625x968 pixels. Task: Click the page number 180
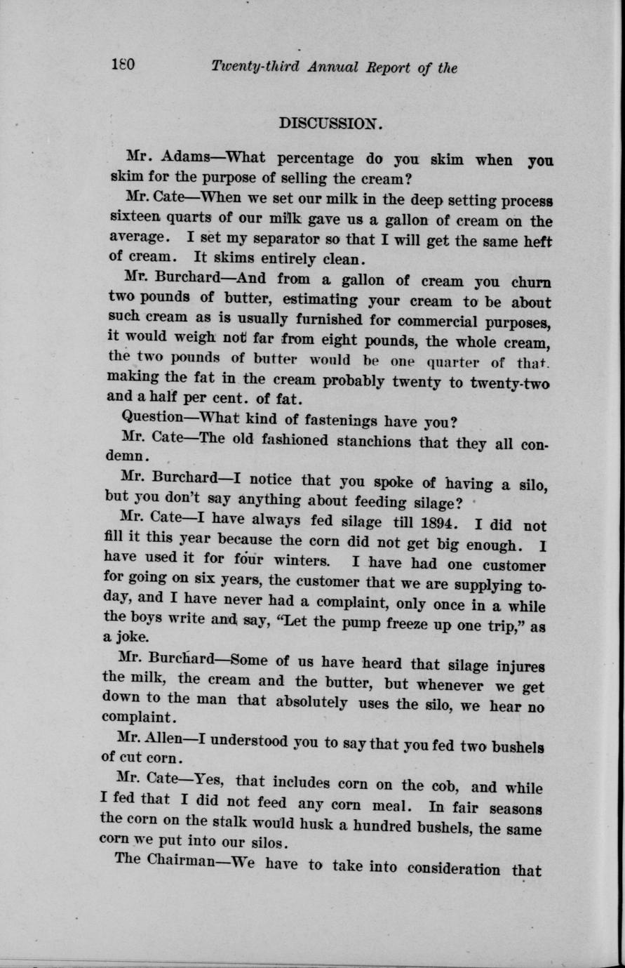coord(123,66)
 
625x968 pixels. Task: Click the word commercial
coord(448,324)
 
